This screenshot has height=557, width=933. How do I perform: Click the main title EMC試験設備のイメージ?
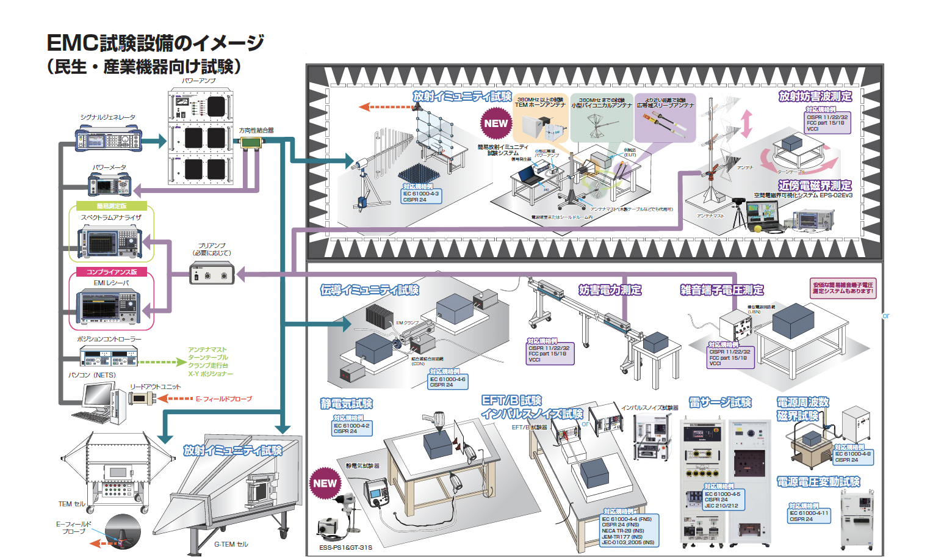pyautogui.click(x=155, y=43)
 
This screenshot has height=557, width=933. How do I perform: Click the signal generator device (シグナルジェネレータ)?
pyautogui.click(x=108, y=139)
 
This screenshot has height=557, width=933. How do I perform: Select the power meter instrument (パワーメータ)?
pyautogui.click(x=110, y=184)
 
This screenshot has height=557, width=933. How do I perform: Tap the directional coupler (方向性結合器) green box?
pyautogui.click(x=251, y=142)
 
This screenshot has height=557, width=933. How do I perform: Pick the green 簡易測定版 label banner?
pyautogui.click(x=111, y=206)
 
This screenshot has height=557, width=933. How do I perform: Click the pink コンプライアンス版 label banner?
pyautogui.click(x=111, y=272)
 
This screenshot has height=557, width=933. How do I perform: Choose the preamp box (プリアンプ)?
pyautogui.click(x=211, y=273)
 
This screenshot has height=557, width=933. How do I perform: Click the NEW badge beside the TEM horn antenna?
pyautogui.click(x=495, y=123)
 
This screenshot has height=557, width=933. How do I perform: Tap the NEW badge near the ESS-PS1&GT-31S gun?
pyautogui.click(x=325, y=483)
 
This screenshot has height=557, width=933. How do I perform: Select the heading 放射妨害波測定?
pyautogui.click(x=815, y=96)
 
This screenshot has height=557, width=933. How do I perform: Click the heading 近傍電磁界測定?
pyautogui.click(x=814, y=185)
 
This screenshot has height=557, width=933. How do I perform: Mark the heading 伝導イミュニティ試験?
pyautogui.click(x=370, y=290)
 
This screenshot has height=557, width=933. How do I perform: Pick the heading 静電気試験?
pyautogui.click(x=346, y=404)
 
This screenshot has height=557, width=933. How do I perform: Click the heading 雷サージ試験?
pyautogui.click(x=720, y=402)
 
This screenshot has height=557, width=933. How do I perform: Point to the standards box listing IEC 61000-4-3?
pyautogui.click(x=420, y=196)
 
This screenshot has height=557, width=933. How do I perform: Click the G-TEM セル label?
pyautogui.click(x=231, y=544)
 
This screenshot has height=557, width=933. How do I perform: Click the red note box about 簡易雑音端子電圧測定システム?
pyautogui.click(x=843, y=288)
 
